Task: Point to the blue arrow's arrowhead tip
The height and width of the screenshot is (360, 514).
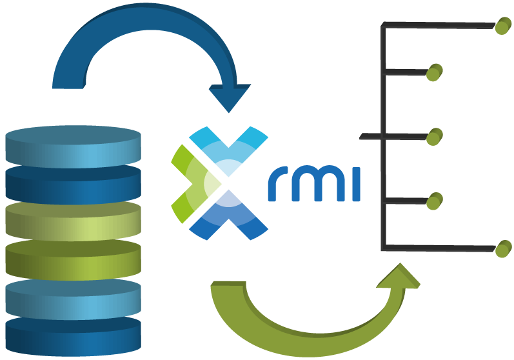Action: coord(228,110)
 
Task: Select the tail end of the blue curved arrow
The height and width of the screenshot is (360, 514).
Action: coord(68,81)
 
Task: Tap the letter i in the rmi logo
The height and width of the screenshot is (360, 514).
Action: coord(354,184)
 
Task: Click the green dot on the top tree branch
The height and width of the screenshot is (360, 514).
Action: coord(503,25)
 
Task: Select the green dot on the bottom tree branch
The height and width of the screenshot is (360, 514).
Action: coord(503,248)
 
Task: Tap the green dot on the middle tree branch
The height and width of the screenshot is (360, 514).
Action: coord(435,136)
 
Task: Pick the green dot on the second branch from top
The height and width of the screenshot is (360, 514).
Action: coord(434,72)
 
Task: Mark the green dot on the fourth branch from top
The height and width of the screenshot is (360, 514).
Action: coord(435,201)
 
